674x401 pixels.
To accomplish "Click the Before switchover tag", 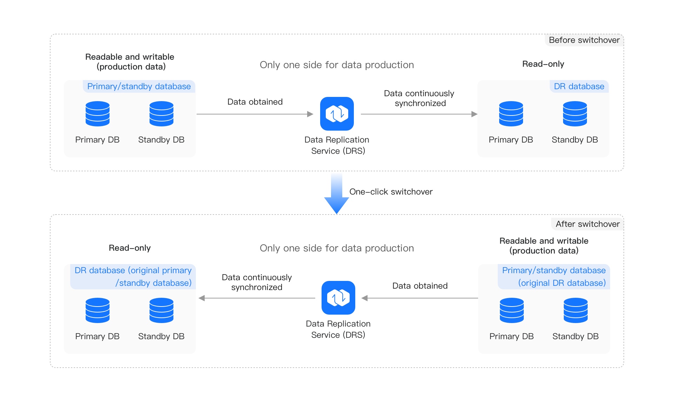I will pos(584,40).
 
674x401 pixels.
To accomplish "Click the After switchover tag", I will pos(587,224).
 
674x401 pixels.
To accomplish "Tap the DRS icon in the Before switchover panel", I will pos(337,113).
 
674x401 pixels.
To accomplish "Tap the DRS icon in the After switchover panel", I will pos(338,297).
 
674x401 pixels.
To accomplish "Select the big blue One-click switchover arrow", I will pos(336,195).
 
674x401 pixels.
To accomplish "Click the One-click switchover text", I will pos(391,192).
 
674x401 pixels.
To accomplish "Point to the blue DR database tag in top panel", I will pos(579,86).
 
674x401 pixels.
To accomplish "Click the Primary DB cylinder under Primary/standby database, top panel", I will pos(97,113).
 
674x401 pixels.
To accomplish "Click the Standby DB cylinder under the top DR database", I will pos(575,113).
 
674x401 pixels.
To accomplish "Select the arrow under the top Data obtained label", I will pos(255,114).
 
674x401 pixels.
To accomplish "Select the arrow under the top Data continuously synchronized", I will pos(419,114).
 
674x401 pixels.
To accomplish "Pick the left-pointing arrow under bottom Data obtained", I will pos(419,298).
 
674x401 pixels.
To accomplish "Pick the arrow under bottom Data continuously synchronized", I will pos(257,298).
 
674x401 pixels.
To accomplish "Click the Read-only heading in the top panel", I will pos(543,64).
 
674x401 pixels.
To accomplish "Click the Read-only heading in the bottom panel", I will pos(130,248).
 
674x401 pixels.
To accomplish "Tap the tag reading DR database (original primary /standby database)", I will pos(133,277).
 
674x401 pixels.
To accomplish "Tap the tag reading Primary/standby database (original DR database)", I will pos(554,277).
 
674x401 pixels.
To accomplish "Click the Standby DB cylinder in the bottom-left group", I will pos(161,310).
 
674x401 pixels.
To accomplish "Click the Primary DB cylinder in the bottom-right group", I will pos(511,310).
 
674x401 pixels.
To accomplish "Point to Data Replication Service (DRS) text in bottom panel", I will pos(338,329).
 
